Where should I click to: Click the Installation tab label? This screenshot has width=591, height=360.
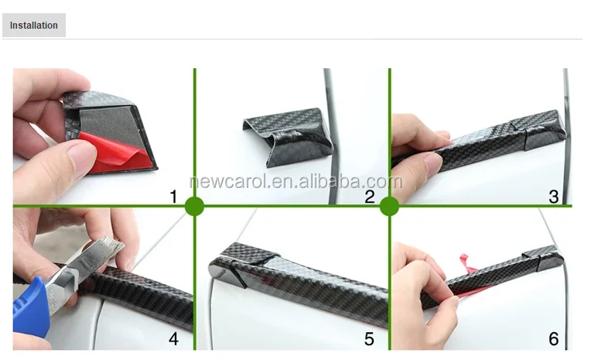(33, 26)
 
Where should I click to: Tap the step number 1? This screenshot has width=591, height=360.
(173, 197)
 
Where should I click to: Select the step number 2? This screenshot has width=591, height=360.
(370, 197)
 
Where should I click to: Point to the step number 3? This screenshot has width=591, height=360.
(553, 197)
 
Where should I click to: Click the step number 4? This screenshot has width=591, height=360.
(173, 338)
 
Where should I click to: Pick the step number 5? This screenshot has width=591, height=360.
(369, 338)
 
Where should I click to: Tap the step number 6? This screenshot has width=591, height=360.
(553, 338)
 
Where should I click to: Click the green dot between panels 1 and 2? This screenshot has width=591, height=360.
(194, 206)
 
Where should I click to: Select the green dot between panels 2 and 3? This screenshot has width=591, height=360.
(389, 206)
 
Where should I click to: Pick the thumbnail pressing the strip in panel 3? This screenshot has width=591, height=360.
(433, 163)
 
